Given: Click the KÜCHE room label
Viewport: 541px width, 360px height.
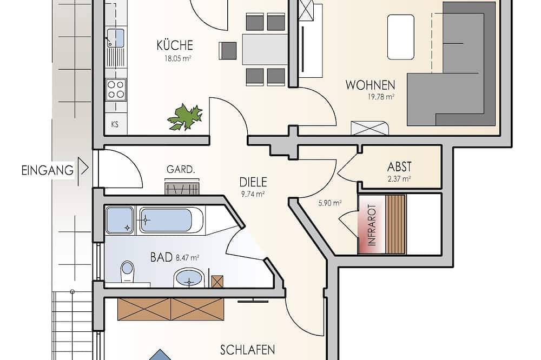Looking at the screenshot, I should pyautogui.click(x=175, y=45).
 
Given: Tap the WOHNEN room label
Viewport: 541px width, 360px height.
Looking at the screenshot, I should pyautogui.click(x=370, y=85).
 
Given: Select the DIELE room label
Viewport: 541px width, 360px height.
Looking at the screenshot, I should pyautogui.click(x=253, y=182).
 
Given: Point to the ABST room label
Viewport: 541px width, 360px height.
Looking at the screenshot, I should pyautogui.click(x=399, y=166).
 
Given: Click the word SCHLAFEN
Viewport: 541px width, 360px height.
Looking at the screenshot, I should pyautogui.click(x=248, y=350).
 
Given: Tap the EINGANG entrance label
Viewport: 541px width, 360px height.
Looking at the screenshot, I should pyautogui.click(x=47, y=170).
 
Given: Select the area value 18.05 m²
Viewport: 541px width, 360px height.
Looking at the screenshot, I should pyautogui.click(x=175, y=57).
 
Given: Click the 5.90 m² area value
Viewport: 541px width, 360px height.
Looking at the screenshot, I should pyautogui.click(x=329, y=203).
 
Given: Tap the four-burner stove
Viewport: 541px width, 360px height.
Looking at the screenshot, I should pyautogui.click(x=115, y=89).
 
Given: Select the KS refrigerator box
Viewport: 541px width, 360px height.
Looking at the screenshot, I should pyautogui.click(x=115, y=124).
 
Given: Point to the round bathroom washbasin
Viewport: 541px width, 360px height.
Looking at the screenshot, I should pyautogui.click(x=188, y=279).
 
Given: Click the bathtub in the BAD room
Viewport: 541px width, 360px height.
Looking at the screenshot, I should pyautogui.click(x=170, y=220).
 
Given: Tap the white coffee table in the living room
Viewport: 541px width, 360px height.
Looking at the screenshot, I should pyautogui.click(x=401, y=37).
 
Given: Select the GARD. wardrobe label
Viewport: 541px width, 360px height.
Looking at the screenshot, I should pyautogui.click(x=180, y=170).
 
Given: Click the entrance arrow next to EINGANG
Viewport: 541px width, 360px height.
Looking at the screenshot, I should pyautogui.click(x=83, y=167).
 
